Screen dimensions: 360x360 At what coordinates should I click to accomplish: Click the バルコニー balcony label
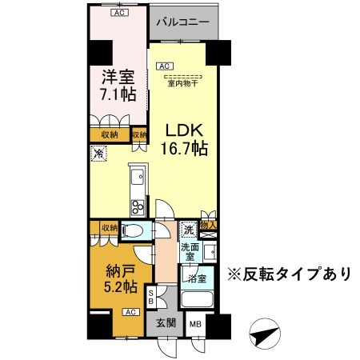[x=182, y=22]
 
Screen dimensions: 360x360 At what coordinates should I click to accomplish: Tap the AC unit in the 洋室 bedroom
[x=119, y=13]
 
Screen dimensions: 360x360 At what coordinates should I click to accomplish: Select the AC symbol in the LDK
[x=165, y=66]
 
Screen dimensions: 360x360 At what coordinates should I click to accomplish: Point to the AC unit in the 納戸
[x=130, y=312]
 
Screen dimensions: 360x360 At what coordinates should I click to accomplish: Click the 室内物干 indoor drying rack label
[x=183, y=83]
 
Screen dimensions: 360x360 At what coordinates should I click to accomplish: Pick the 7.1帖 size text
[x=118, y=94]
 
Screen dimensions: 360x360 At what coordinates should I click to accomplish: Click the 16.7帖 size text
[x=184, y=148]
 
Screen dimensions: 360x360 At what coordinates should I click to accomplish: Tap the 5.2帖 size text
[x=120, y=287]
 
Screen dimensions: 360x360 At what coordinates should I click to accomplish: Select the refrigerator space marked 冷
[x=99, y=154]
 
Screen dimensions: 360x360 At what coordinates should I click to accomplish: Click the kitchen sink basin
[x=138, y=176]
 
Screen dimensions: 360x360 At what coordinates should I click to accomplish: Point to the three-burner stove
[x=138, y=207]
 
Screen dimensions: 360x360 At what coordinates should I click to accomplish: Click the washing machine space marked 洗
[x=189, y=230]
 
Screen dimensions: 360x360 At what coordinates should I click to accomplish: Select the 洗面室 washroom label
[x=190, y=252]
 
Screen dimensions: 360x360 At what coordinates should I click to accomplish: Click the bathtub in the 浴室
[x=198, y=299]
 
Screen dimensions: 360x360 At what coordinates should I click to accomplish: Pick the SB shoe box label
[x=151, y=297]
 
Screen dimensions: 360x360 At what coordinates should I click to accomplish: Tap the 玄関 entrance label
[x=166, y=323]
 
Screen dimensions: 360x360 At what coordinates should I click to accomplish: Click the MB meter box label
[x=195, y=324]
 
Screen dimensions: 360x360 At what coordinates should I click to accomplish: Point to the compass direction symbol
[x=265, y=334]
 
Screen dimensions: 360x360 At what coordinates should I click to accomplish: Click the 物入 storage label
[x=208, y=226]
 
